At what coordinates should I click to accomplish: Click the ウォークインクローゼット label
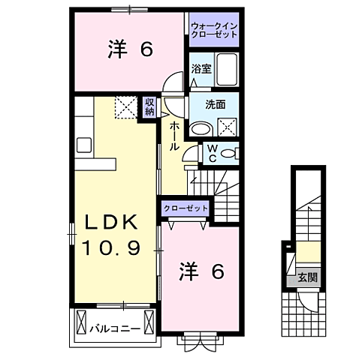[x=214, y=30]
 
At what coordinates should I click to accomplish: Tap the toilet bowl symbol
[x=229, y=153]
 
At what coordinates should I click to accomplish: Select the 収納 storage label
[x=150, y=106]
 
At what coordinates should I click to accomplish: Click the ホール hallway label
[x=173, y=136]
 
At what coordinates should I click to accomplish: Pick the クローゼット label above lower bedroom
[x=184, y=208]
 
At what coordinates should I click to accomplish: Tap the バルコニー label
[x=114, y=328]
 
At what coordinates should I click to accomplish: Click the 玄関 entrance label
[x=306, y=277]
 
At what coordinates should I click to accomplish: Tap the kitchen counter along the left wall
[x=83, y=142]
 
